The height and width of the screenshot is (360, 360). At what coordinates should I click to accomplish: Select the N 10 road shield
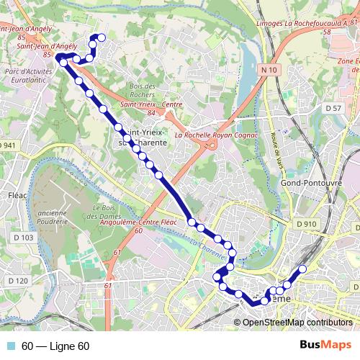click(269, 69)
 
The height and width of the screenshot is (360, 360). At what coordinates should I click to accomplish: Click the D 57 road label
click(333, 108)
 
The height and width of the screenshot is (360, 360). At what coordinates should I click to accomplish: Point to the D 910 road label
click(305, 224)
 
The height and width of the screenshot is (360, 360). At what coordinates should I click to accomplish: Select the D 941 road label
click(8, 145)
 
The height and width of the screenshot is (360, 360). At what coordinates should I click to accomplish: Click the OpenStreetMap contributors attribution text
click(297, 322)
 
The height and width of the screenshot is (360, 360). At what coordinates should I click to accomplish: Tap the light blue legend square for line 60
click(10, 346)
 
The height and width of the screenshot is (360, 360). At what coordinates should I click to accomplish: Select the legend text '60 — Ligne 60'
click(55, 346)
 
